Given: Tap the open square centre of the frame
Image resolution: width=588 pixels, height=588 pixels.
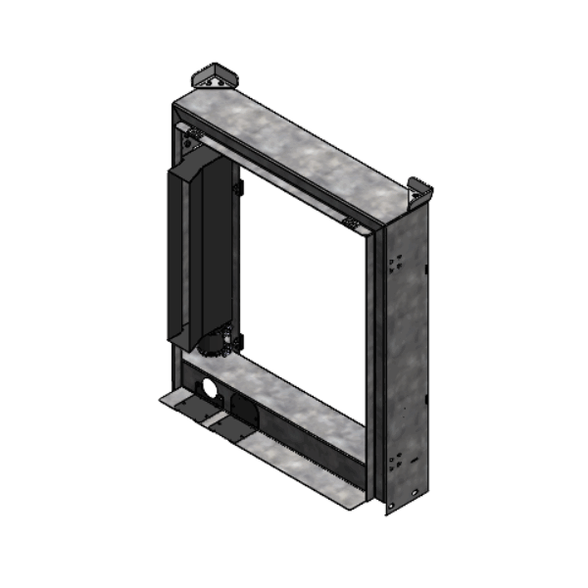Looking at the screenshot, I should (304, 294).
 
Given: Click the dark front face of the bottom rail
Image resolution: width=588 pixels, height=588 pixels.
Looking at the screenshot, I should (294, 446).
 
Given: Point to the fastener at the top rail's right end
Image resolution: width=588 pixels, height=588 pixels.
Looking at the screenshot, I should (351, 222).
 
